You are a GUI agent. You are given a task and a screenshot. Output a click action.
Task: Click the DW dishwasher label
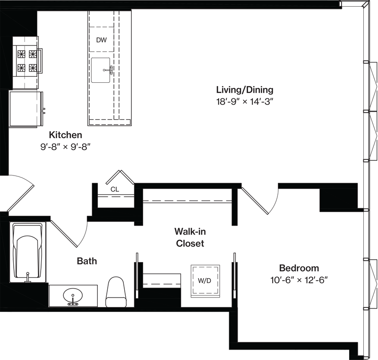pyautogui.click(x=102, y=40)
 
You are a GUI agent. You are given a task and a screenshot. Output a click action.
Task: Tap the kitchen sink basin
pyautogui.click(x=101, y=70)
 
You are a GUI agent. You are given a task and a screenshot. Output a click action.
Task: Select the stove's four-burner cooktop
pyautogui.click(x=26, y=61)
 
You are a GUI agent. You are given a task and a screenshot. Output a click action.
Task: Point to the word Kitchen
pyautogui.click(x=65, y=135)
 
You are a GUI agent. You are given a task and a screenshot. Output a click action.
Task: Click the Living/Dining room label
pyautogui.click(x=245, y=90)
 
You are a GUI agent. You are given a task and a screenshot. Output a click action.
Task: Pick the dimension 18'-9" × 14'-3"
pyautogui.click(x=245, y=102)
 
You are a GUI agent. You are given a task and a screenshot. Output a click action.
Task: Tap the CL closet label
pyautogui.click(x=115, y=189)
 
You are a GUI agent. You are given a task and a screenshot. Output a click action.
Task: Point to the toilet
pyautogui.click(x=116, y=292)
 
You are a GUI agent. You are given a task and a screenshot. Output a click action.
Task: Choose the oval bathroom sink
pyautogui.click(x=73, y=296)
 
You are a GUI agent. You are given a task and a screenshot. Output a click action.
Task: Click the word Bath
pyautogui.click(x=87, y=261)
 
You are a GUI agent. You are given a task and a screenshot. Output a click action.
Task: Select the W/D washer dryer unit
pyautogui.click(x=205, y=281)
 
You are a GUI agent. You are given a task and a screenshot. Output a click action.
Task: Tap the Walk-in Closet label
pyautogui.click(x=190, y=237)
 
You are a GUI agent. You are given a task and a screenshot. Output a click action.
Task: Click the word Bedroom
pyautogui.click(x=299, y=268)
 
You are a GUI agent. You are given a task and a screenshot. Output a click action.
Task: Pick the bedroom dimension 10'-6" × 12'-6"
pyautogui.click(x=299, y=280)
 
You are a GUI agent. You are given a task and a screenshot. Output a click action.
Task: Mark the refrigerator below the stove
pyautogui.click(x=26, y=109)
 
